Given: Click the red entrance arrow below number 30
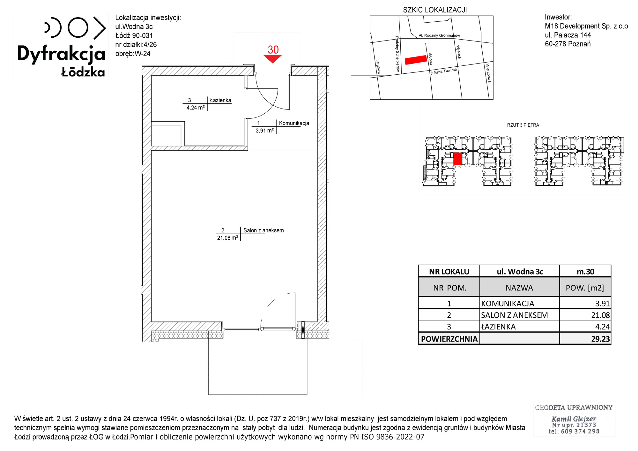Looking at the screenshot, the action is tap(272, 59).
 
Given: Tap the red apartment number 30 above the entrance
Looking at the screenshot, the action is tap(273, 49).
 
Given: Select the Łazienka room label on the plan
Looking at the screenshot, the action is tap(220, 100).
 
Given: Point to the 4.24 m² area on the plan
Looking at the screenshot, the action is tap(196, 108).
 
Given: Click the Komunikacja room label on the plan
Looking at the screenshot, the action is tap(294, 123).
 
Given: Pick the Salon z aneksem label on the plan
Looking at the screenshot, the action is tap(263, 230).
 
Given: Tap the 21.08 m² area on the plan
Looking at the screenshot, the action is tap(227, 238).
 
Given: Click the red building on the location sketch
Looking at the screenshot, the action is tap(416, 60).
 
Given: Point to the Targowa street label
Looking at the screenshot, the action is tap(378, 66).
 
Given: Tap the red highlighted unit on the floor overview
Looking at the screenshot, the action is tap(457, 159).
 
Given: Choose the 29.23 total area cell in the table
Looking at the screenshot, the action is tap(600, 339).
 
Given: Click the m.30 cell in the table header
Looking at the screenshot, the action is tap(585, 272).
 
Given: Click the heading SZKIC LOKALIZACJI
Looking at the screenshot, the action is tap(435, 10).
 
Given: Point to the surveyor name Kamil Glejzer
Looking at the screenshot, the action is tap(574, 419).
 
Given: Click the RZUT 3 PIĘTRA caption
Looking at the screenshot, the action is tap(523, 125).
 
